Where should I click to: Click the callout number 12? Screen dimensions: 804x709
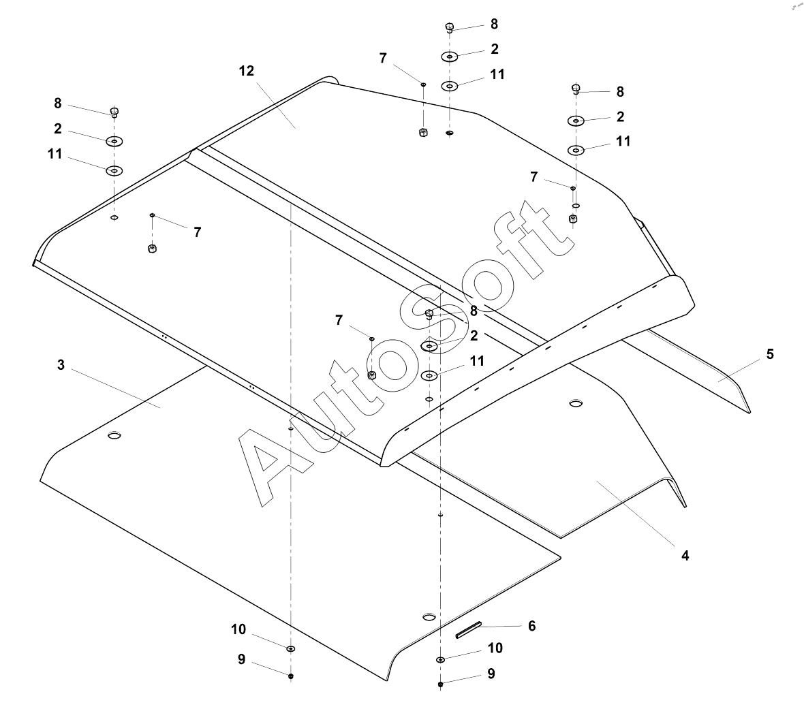tap(246, 71)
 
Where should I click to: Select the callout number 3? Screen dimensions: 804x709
tap(61, 365)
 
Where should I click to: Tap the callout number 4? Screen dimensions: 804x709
tap(685, 556)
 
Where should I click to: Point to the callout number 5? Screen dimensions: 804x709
tap(770, 354)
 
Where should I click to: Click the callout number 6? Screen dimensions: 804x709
tap(531, 625)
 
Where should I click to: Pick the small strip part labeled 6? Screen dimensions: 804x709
tap(469, 629)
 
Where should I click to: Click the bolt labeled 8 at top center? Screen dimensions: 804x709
tap(449, 27)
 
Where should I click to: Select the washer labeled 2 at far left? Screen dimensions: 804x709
tap(114, 141)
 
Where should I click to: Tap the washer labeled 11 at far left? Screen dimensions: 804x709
tap(114, 170)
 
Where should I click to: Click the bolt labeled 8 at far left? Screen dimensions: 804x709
tap(114, 111)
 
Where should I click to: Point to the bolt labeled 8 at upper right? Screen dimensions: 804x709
tap(576, 89)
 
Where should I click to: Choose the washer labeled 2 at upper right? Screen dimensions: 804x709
tap(576, 121)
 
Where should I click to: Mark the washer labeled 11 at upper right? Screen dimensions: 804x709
tap(576, 150)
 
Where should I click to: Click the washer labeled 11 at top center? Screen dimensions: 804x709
tap(449, 86)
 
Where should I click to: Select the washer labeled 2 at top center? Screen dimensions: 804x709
tap(449, 57)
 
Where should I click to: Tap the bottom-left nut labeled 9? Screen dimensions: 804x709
tap(291, 676)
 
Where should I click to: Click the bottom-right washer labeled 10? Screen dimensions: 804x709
tap(440, 659)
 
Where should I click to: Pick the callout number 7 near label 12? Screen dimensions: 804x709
tap(383, 59)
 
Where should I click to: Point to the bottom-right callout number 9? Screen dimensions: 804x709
tap(491, 674)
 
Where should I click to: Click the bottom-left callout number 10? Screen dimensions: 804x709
tap(238, 629)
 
